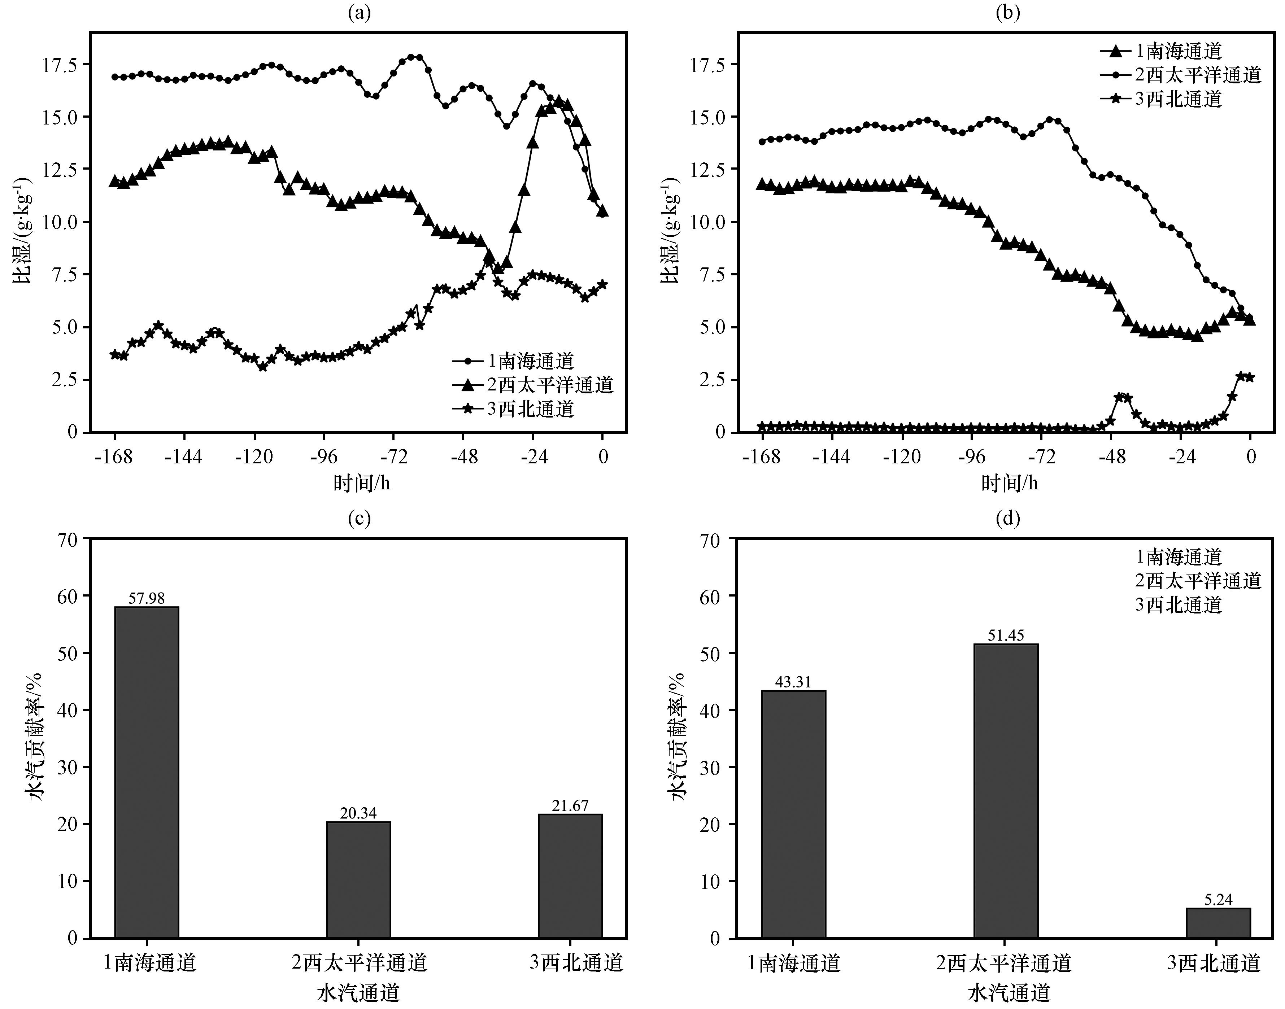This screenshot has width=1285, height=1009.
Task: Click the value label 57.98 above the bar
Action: coord(147,598)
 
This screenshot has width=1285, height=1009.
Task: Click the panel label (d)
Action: coord(1007,519)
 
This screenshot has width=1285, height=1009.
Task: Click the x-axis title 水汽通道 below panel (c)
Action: coord(358,992)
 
